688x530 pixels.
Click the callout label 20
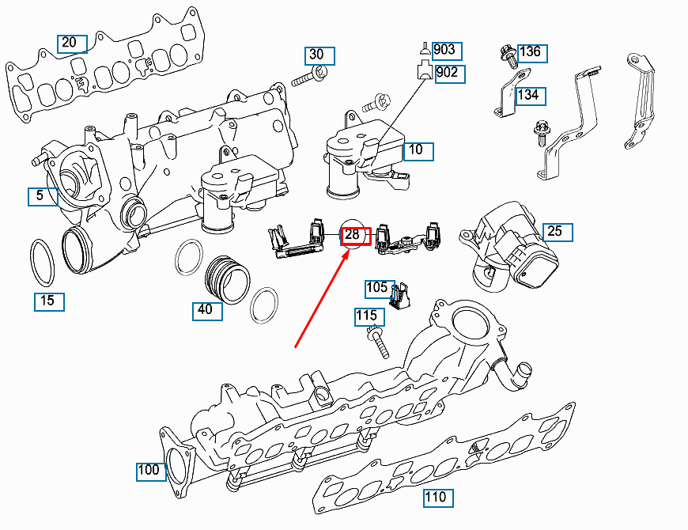click(x=70, y=43)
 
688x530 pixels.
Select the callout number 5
click(x=41, y=195)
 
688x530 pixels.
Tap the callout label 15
click(x=48, y=301)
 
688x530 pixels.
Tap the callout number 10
click(x=418, y=150)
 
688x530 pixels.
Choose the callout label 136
click(x=531, y=52)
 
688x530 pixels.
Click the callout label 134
click(x=529, y=95)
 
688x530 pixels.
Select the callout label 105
click(x=378, y=288)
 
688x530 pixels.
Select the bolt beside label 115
click(x=379, y=345)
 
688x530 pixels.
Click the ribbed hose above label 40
click(x=229, y=279)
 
